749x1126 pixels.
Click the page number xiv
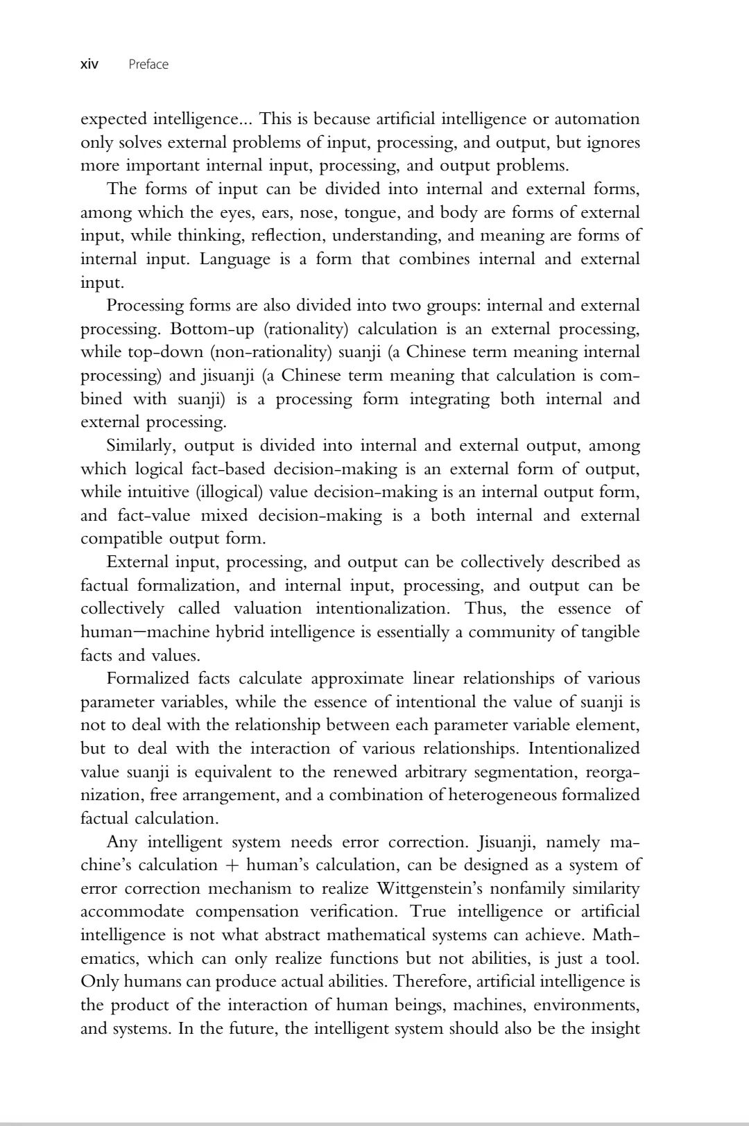(89, 64)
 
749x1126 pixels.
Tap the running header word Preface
(148, 64)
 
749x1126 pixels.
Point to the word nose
(320, 212)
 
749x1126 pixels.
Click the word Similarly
(141, 446)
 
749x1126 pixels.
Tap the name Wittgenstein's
(435, 889)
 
